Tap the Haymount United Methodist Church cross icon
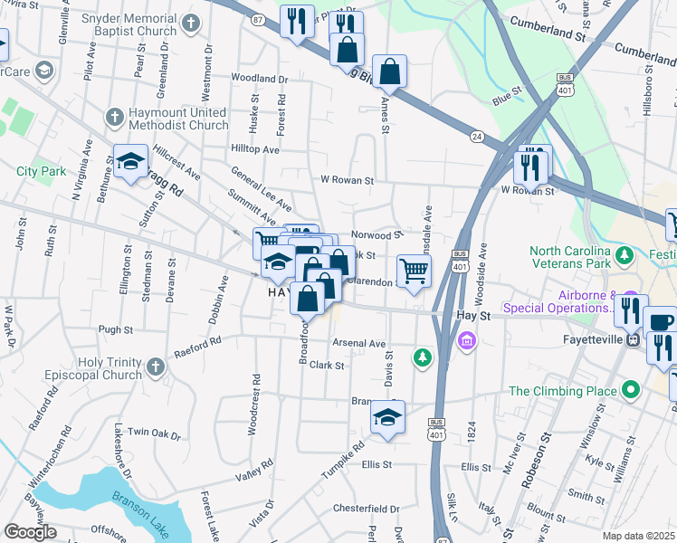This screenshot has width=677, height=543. [114, 117]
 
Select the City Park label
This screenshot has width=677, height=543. [41, 171]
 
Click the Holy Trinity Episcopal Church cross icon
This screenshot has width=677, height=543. [155, 367]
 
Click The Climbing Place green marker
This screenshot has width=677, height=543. [631, 391]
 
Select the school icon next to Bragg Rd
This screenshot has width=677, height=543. [130, 162]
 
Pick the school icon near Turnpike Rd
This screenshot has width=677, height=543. [387, 417]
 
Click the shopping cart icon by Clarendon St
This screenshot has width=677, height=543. [414, 270]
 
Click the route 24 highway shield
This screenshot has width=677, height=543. [476, 136]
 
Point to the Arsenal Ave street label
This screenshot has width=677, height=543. [358, 344]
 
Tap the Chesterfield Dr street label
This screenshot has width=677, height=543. [366, 508]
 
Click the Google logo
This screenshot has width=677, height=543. [30, 532]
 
